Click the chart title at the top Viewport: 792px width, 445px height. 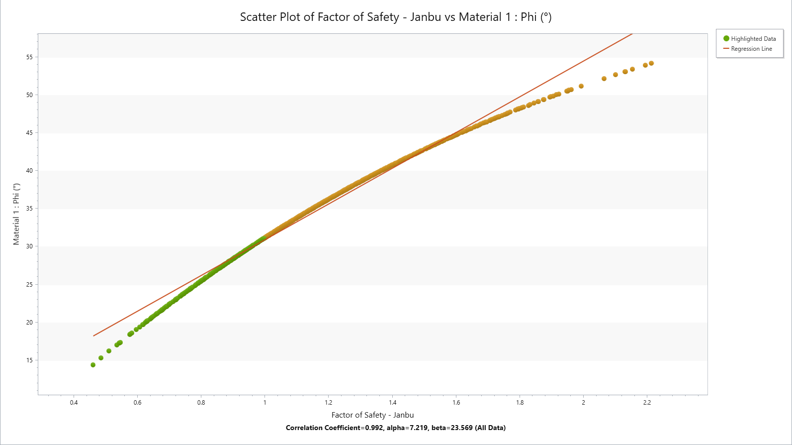click(396, 17)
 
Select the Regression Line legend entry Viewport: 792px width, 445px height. click(751, 49)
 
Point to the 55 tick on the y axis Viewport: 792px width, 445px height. click(30, 57)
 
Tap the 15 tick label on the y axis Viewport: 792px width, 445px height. click(30, 360)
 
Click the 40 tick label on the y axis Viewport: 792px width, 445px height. click(30, 171)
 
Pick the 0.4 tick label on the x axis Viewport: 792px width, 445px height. click(74, 403)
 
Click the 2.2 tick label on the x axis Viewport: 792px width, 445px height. click(647, 403)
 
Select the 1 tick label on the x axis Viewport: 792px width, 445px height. click(265, 403)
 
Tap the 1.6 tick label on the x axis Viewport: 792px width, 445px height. click(456, 403)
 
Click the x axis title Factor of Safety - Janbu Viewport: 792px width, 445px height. click(372, 415)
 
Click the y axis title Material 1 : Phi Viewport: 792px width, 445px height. click(16, 214)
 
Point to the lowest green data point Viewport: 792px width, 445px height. click(93, 365)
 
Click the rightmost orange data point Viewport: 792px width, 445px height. click(651, 63)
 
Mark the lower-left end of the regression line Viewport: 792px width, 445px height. click(94, 336)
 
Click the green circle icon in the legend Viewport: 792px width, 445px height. click(726, 38)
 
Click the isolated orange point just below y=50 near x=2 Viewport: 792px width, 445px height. click(581, 86)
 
